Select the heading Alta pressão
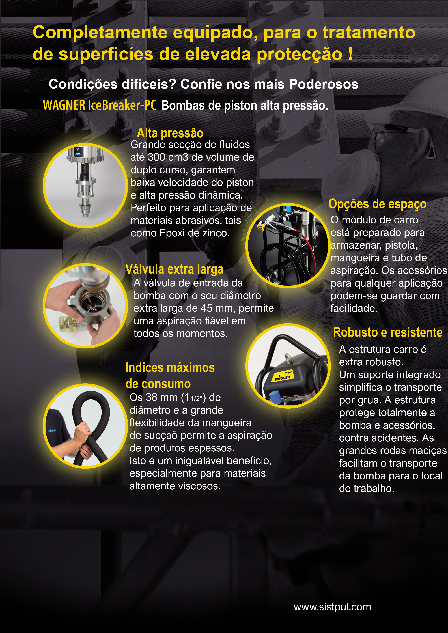170,133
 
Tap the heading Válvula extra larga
174,269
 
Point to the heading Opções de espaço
377,204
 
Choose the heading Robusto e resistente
388,332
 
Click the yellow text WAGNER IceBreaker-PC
100,105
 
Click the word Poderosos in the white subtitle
323,84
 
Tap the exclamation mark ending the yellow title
350,54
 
